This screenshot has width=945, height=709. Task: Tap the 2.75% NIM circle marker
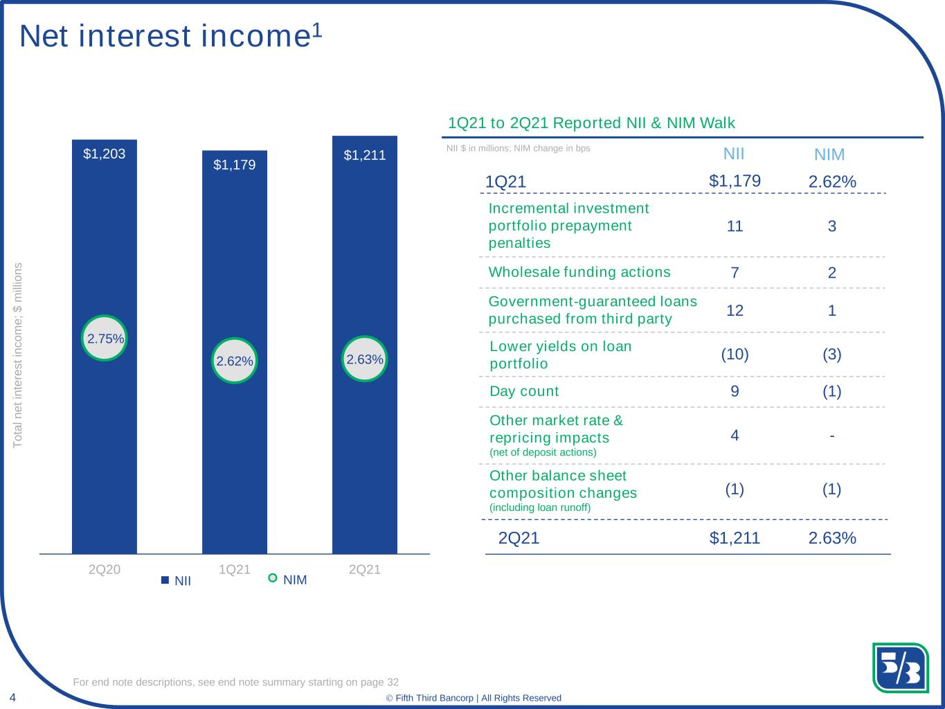(105, 339)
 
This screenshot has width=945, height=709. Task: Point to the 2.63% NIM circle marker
(365, 359)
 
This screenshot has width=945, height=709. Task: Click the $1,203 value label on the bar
(105, 154)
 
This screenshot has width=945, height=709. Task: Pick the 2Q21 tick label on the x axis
(365, 570)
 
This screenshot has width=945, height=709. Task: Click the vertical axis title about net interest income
(19, 354)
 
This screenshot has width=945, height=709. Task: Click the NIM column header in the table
(829, 155)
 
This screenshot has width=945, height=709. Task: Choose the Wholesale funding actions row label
(579, 272)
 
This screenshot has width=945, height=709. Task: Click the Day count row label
(524, 391)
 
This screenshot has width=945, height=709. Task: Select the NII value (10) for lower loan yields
(735, 354)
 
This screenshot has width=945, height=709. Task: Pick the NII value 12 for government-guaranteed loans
(735, 310)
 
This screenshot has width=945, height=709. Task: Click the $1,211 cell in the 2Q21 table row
(735, 538)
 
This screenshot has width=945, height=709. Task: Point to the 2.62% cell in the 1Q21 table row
(832, 182)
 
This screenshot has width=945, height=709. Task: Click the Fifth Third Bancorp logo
(900, 667)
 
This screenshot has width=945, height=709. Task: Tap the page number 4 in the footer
(12, 696)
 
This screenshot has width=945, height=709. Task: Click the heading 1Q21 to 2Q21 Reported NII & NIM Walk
(592, 123)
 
